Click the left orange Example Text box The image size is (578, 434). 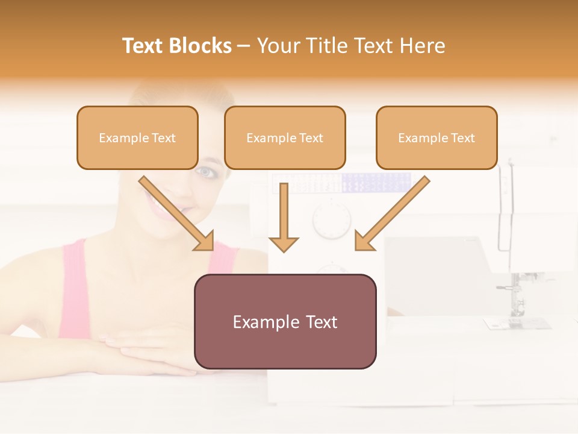tap(137, 137)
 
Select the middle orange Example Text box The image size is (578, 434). tap(285, 137)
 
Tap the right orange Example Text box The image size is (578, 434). tap(437, 137)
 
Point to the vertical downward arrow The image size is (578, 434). tap(284, 217)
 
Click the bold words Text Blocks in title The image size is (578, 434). tap(177, 45)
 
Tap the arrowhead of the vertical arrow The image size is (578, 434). tap(284, 244)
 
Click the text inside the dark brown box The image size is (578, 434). tap(285, 322)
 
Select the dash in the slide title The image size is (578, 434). tap(244, 45)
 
